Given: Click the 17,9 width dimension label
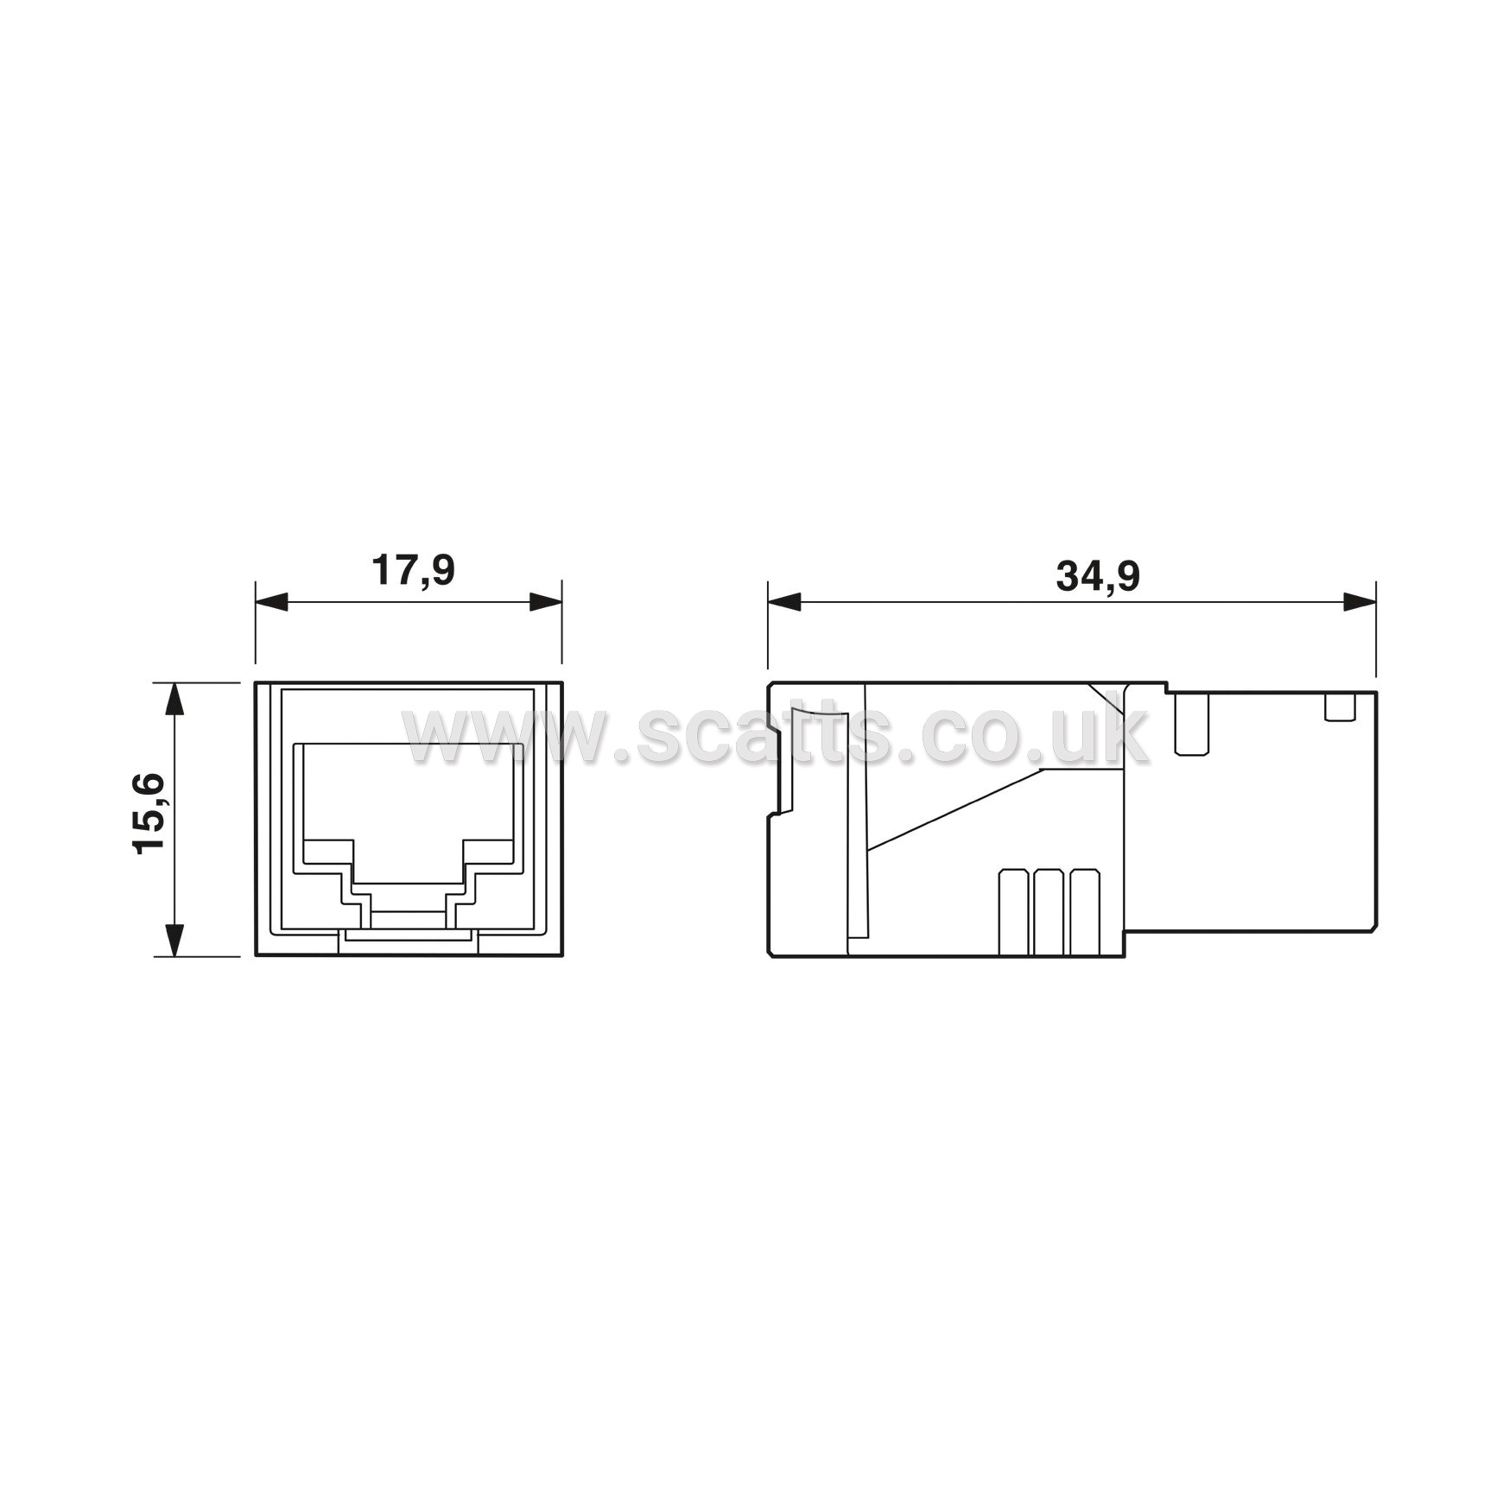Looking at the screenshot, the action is (x=413, y=571).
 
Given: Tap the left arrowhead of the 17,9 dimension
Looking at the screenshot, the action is (x=271, y=601).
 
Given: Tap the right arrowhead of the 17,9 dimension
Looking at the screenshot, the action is (x=546, y=601).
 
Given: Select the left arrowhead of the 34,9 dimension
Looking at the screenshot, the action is (x=784, y=602).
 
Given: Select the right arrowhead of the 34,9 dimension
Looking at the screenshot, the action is (x=1360, y=602).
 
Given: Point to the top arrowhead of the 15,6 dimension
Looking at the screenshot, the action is (x=174, y=699).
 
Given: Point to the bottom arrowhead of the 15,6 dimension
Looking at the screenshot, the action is (x=174, y=940).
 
